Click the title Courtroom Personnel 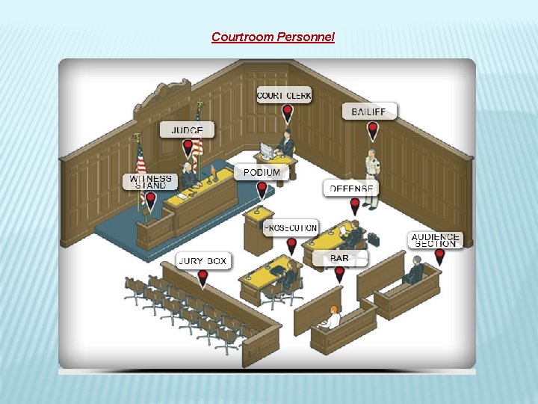tap(273, 37)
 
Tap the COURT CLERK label tap(284, 95)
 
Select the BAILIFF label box tap(369, 111)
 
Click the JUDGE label tap(187, 130)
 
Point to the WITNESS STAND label tap(150, 181)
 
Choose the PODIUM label tap(262, 172)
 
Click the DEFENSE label tap(351, 189)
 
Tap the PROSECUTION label tap(291, 227)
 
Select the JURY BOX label tap(202, 261)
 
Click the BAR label tap(339, 258)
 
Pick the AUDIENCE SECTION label tap(436, 240)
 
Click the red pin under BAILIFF tap(373, 132)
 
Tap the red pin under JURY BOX tap(202, 280)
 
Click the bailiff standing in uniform tap(371, 168)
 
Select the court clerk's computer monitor tap(267, 148)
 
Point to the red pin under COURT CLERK tap(287, 114)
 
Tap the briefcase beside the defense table tap(372, 239)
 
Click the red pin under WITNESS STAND tap(150, 201)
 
